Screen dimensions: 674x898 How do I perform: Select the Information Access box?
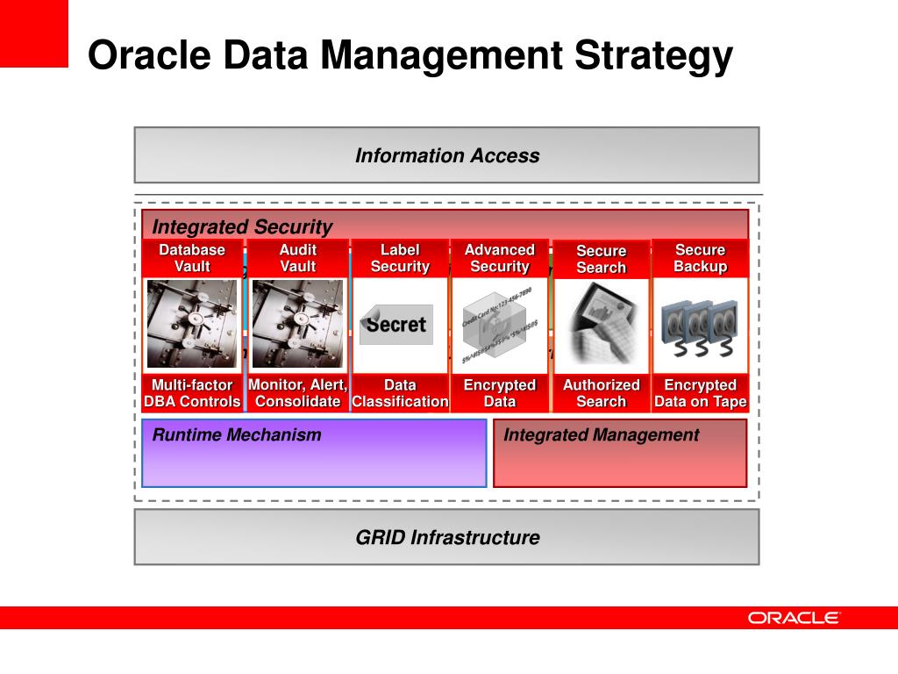(446, 155)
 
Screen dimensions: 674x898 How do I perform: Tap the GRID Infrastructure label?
(446, 537)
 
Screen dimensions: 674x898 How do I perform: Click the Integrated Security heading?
(242, 226)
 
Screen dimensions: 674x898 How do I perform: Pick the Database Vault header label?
(192, 258)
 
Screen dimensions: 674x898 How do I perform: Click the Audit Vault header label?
(297, 258)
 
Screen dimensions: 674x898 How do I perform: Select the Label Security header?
(400, 258)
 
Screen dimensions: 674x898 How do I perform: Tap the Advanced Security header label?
(499, 258)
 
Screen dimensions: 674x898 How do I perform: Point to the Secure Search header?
(601, 259)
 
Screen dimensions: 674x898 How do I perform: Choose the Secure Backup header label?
(700, 258)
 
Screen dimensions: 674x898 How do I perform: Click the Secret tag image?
(396, 324)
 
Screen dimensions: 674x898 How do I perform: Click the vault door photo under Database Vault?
(192, 324)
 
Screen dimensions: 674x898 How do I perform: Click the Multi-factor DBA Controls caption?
(192, 393)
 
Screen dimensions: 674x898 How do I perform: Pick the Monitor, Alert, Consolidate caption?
(297, 393)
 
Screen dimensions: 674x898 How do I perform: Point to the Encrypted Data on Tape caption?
(700, 393)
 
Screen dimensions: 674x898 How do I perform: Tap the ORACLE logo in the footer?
(794, 618)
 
